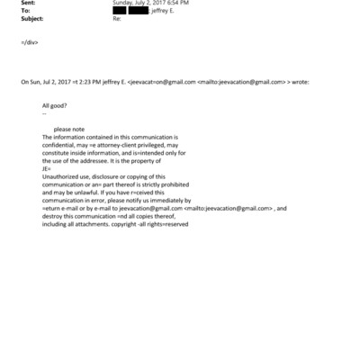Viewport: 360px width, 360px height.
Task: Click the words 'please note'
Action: [68, 129]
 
